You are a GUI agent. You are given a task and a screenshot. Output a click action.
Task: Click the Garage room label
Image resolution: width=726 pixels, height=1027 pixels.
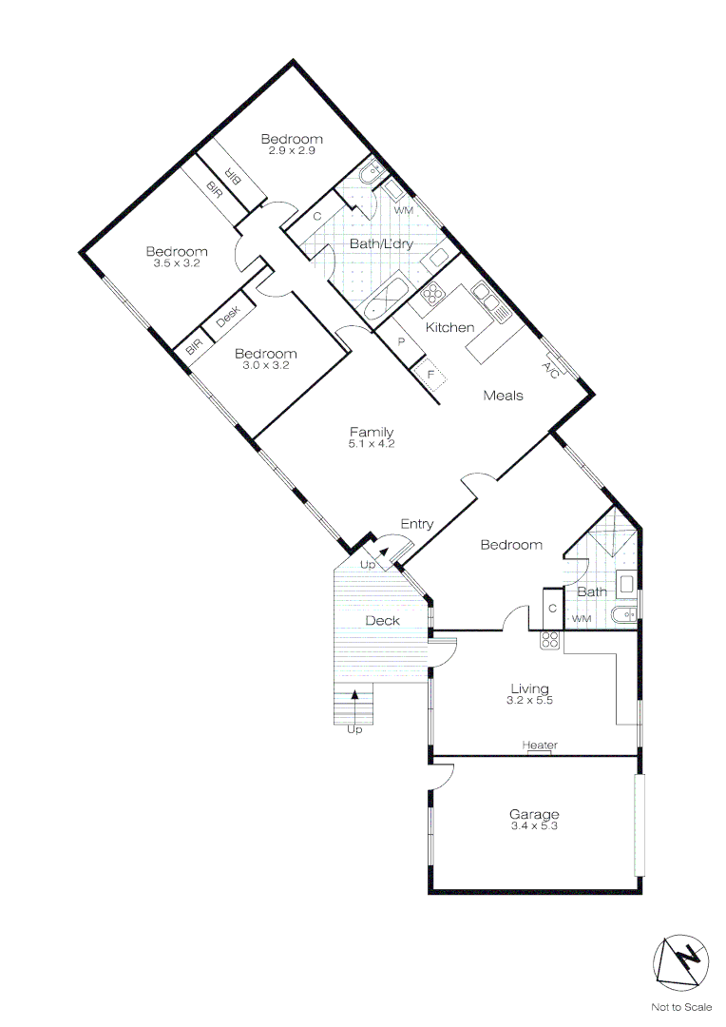tap(533, 814)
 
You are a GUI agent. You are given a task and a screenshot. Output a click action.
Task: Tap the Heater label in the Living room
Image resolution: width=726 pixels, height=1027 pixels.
tap(539, 746)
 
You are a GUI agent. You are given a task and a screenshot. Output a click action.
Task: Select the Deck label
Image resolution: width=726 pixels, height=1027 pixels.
tap(382, 621)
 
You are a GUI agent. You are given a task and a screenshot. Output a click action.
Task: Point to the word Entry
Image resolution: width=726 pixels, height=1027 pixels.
tap(417, 524)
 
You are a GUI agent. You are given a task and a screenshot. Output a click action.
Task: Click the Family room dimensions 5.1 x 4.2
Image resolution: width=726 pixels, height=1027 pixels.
tap(371, 443)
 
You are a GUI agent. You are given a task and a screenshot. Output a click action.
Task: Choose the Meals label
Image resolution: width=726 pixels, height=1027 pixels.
tap(503, 396)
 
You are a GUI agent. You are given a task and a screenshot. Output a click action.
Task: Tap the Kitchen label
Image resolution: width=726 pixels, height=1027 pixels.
tap(449, 327)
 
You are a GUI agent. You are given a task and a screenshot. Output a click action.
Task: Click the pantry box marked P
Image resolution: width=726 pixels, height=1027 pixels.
tap(402, 342)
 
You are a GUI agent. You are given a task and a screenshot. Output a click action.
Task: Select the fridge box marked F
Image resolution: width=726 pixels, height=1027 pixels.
tap(430, 374)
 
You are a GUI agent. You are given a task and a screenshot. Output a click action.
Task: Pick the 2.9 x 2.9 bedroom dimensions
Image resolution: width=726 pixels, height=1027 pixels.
tap(291, 150)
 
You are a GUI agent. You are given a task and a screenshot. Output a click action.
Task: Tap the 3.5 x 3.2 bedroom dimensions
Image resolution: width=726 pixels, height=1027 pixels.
tap(176, 263)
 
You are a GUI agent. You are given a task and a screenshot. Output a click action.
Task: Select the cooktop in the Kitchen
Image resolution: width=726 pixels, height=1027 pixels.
tap(433, 294)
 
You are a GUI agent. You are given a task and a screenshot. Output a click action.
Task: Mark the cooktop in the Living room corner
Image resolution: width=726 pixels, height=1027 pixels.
tap(549, 639)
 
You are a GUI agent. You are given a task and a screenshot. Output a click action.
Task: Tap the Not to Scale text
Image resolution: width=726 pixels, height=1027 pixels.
tap(679, 1006)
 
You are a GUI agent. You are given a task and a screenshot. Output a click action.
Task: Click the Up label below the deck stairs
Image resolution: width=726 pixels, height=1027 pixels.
tap(354, 730)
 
